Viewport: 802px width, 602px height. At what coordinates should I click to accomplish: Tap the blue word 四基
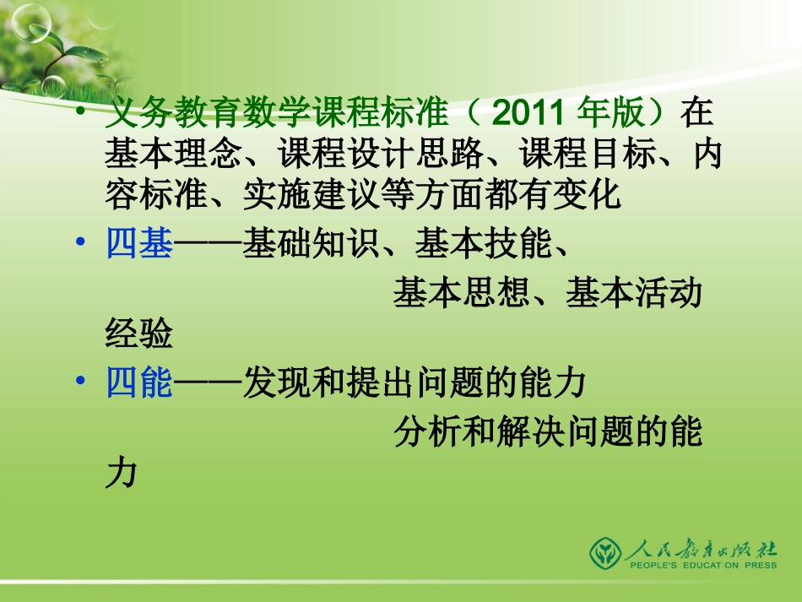click(x=139, y=246)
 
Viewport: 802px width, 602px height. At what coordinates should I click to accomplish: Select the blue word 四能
click(x=139, y=384)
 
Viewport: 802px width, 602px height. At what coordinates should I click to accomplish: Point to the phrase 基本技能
click(x=483, y=246)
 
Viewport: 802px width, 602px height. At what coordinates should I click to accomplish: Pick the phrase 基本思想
click(x=463, y=294)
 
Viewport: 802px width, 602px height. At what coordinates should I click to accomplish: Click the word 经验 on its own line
click(x=138, y=335)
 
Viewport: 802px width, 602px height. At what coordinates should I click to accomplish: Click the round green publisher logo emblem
click(x=604, y=553)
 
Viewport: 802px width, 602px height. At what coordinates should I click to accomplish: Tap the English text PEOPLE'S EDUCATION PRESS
click(x=702, y=567)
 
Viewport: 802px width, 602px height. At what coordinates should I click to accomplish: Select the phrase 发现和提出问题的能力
click(x=414, y=384)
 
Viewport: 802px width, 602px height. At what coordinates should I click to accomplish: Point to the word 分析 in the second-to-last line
click(x=428, y=433)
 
